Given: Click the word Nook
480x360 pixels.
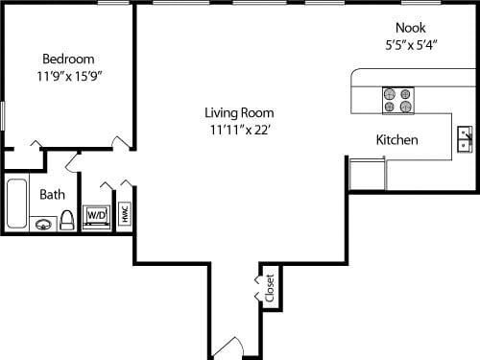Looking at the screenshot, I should (410, 28).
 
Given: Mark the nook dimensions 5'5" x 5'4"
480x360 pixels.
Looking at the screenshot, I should (410, 44).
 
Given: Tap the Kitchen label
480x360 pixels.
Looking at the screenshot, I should (396, 140).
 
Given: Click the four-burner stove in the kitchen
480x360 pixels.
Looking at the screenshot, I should (396, 100).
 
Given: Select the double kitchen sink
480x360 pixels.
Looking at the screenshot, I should (464, 139).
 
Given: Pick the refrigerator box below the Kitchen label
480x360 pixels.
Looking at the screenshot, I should (367, 175).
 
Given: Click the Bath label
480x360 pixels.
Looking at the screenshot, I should (53, 195).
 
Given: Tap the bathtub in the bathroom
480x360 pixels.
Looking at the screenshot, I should (16, 203).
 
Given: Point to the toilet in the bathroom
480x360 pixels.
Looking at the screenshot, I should (67, 221).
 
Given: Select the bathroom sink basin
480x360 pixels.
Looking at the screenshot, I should (43, 225).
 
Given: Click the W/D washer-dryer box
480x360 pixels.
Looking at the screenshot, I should (97, 216).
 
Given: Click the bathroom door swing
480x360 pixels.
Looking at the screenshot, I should (73, 159).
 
